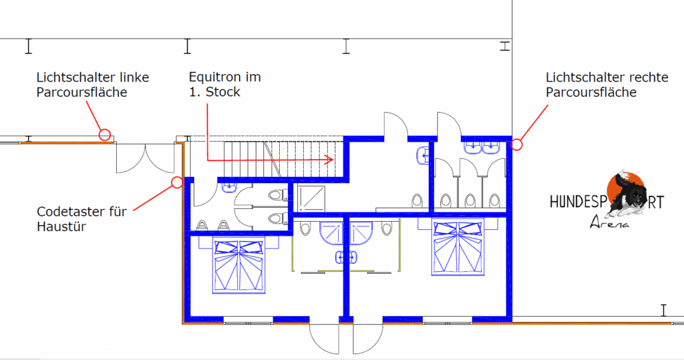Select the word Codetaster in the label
[70, 212]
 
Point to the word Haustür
[61, 227]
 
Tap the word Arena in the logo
[609, 222]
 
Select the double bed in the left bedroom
[238, 266]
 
